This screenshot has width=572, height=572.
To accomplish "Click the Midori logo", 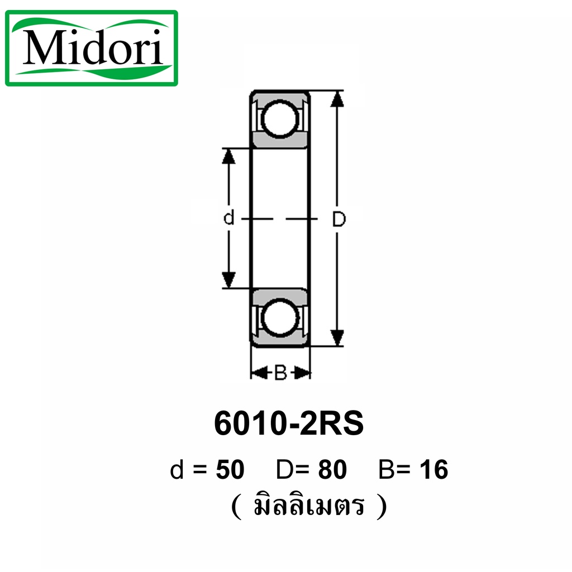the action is [x=92, y=48].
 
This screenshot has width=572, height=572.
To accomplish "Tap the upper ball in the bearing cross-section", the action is [x=280, y=120].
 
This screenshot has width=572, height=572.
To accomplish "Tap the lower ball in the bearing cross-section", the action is [x=280, y=317].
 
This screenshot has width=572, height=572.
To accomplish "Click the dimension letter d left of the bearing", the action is [x=228, y=218].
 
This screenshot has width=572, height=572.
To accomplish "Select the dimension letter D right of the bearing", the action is [x=339, y=219].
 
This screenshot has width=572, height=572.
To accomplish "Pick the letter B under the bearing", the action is [x=280, y=373].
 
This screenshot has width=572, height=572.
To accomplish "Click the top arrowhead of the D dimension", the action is [x=337, y=99].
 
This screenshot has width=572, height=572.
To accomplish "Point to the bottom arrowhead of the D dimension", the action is [x=337, y=337].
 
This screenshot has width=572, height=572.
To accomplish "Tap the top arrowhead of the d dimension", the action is [x=228, y=156].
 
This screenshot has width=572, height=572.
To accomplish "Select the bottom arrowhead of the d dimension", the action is [x=228, y=280].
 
